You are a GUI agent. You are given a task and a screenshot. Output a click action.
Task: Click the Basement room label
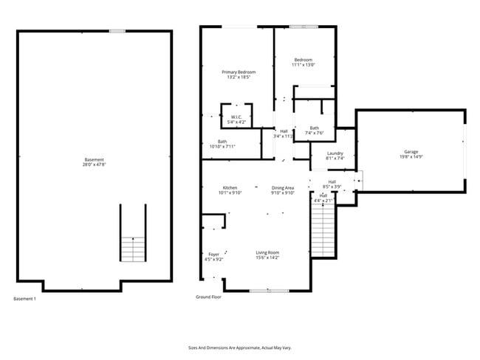point(94,160)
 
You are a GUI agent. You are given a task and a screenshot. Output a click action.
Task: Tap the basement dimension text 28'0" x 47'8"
point(94,165)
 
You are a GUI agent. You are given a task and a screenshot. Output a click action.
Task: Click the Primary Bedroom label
point(239,72)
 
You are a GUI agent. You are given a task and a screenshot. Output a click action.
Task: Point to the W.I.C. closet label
point(237,117)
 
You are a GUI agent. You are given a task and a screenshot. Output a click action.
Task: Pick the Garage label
point(411,151)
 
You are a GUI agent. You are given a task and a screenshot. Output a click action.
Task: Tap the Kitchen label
point(230,188)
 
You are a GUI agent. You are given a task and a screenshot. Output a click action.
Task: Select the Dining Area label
point(283,188)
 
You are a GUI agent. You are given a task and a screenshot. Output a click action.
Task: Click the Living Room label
point(267,252)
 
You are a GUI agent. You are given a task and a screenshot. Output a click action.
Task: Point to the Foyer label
point(213,255)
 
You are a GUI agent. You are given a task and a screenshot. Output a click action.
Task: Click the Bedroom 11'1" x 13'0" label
point(304,60)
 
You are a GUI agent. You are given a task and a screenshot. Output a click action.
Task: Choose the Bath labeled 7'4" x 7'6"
point(315,128)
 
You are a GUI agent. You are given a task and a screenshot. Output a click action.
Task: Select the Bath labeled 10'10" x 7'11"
point(222,142)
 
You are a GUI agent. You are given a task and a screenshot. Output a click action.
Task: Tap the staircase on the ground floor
point(322,229)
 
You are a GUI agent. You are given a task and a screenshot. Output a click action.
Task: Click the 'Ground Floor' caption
point(208,297)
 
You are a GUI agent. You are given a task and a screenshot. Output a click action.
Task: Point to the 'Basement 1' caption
point(24,299)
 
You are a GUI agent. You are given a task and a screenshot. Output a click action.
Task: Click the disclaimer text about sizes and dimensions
point(239,347)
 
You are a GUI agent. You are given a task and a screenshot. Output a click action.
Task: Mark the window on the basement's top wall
point(116,30)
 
